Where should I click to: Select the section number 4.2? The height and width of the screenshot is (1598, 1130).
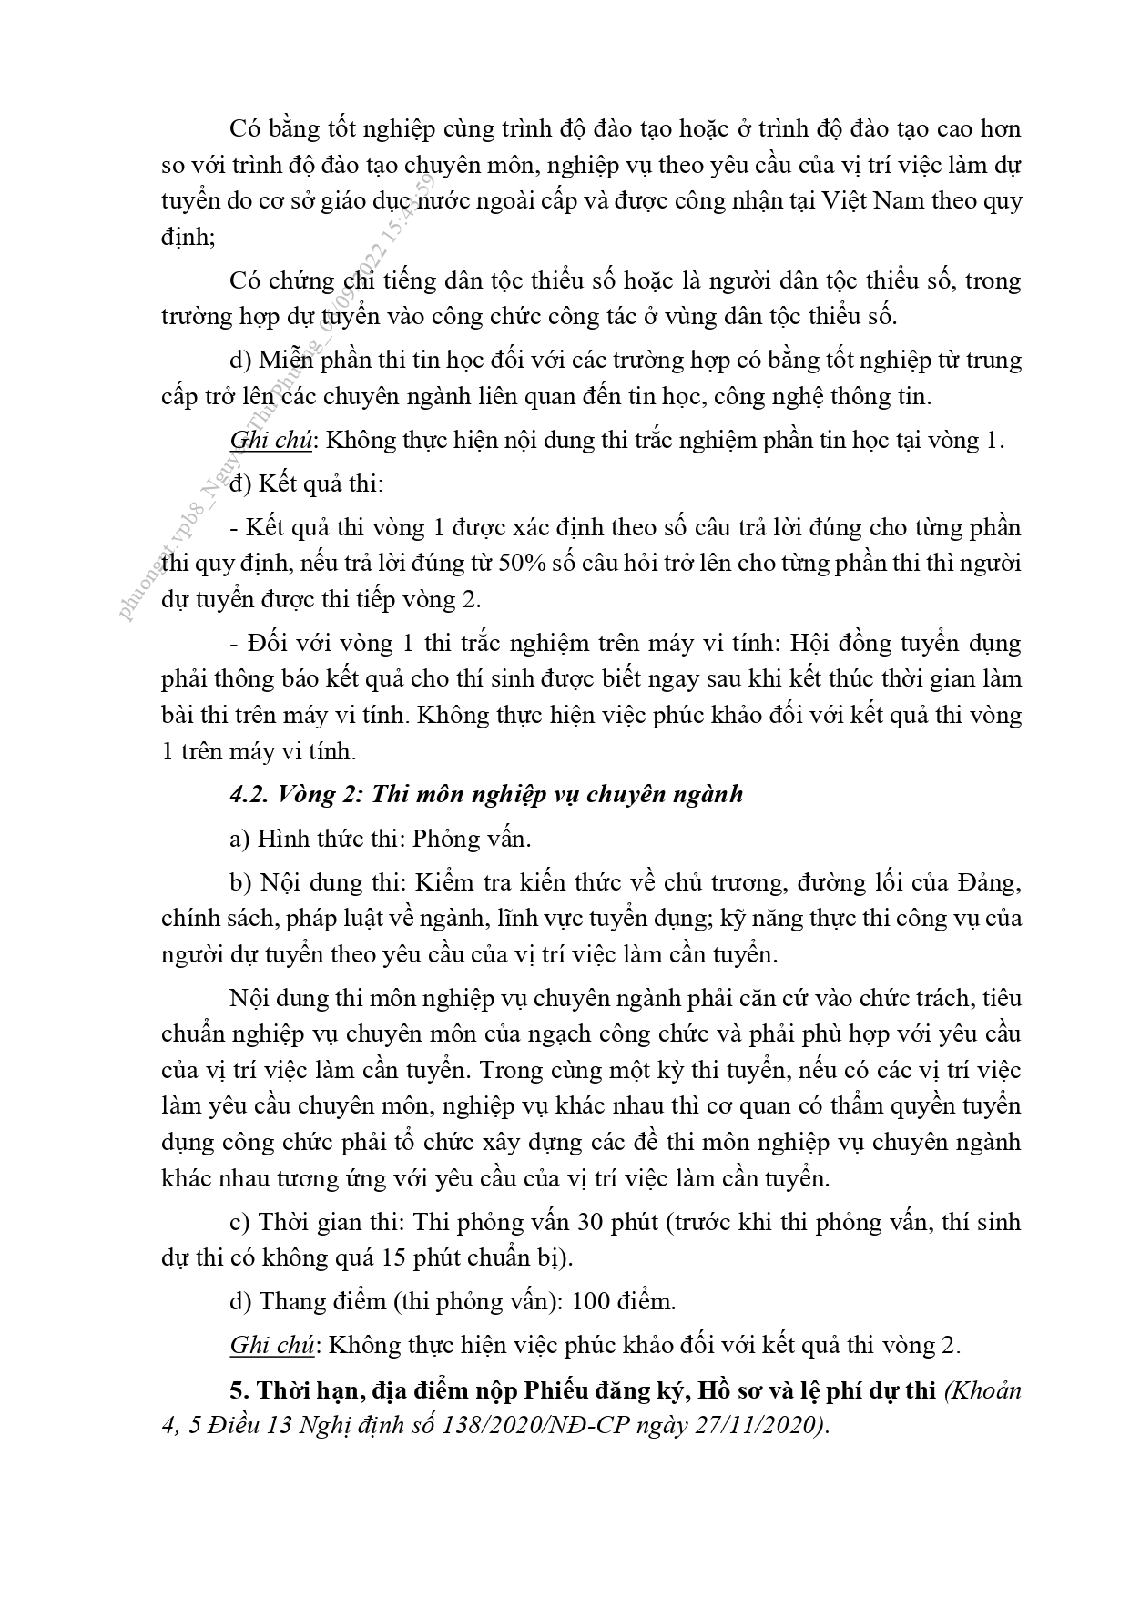click(247, 794)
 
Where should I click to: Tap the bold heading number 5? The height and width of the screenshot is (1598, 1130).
click(239, 1390)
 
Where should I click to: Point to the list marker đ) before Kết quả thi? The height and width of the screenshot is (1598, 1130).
click(241, 483)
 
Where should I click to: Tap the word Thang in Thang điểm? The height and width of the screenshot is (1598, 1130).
click(290, 1301)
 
